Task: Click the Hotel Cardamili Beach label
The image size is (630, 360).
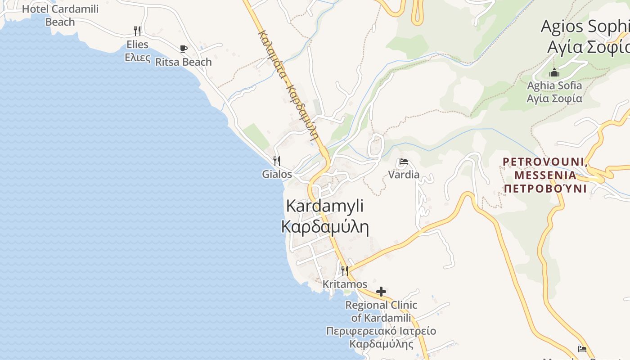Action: click(x=60, y=15)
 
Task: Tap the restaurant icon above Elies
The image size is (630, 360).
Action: click(x=137, y=31)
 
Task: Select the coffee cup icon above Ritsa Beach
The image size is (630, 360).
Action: click(x=183, y=49)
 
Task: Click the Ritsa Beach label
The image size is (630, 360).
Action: click(x=183, y=62)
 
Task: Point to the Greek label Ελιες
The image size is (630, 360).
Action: click(x=137, y=57)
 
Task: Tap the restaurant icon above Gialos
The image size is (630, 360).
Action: click(x=277, y=161)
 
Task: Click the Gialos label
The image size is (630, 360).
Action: click(x=277, y=174)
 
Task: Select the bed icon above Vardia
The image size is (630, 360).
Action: click(x=403, y=162)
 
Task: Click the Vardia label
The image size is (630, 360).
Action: click(x=404, y=175)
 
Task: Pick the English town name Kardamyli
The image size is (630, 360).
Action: click(x=325, y=206)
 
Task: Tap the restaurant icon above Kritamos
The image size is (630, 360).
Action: click(x=345, y=270)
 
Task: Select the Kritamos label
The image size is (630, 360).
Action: click(x=345, y=284)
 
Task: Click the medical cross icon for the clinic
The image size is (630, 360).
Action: click(x=381, y=292)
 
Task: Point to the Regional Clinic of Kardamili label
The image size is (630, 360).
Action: click(x=381, y=311)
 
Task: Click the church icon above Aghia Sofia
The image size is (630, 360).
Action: click(x=554, y=72)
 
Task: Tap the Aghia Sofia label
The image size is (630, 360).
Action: click(x=554, y=85)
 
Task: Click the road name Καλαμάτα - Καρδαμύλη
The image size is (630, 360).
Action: click(x=288, y=85)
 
